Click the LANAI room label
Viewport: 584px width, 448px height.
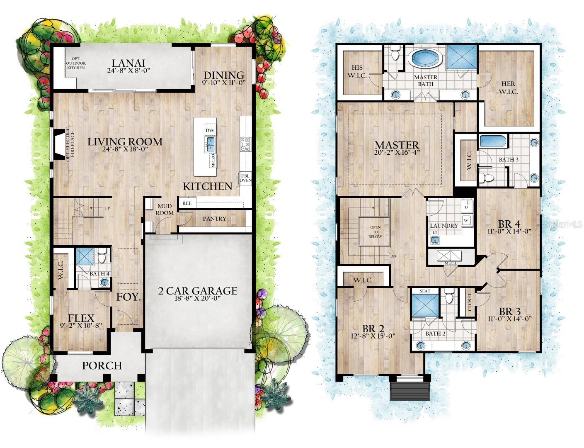[x=128, y=63]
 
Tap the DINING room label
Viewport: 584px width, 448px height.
[x=224, y=75]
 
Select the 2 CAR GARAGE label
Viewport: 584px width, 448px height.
[x=198, y=291]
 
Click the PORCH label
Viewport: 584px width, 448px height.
[x=102, y=365]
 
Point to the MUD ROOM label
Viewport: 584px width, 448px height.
[x=165, y=209]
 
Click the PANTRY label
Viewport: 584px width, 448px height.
[x=215, y=219]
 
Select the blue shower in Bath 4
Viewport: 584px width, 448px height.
[x=85, y=256]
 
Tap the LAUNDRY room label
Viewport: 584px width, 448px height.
[x=444, y=226]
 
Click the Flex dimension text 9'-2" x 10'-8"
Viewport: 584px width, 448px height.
[x=81, y=326]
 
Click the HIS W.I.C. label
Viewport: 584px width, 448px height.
[x=357, y=71]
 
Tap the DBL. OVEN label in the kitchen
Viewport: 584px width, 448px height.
[x=245, y=178]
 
